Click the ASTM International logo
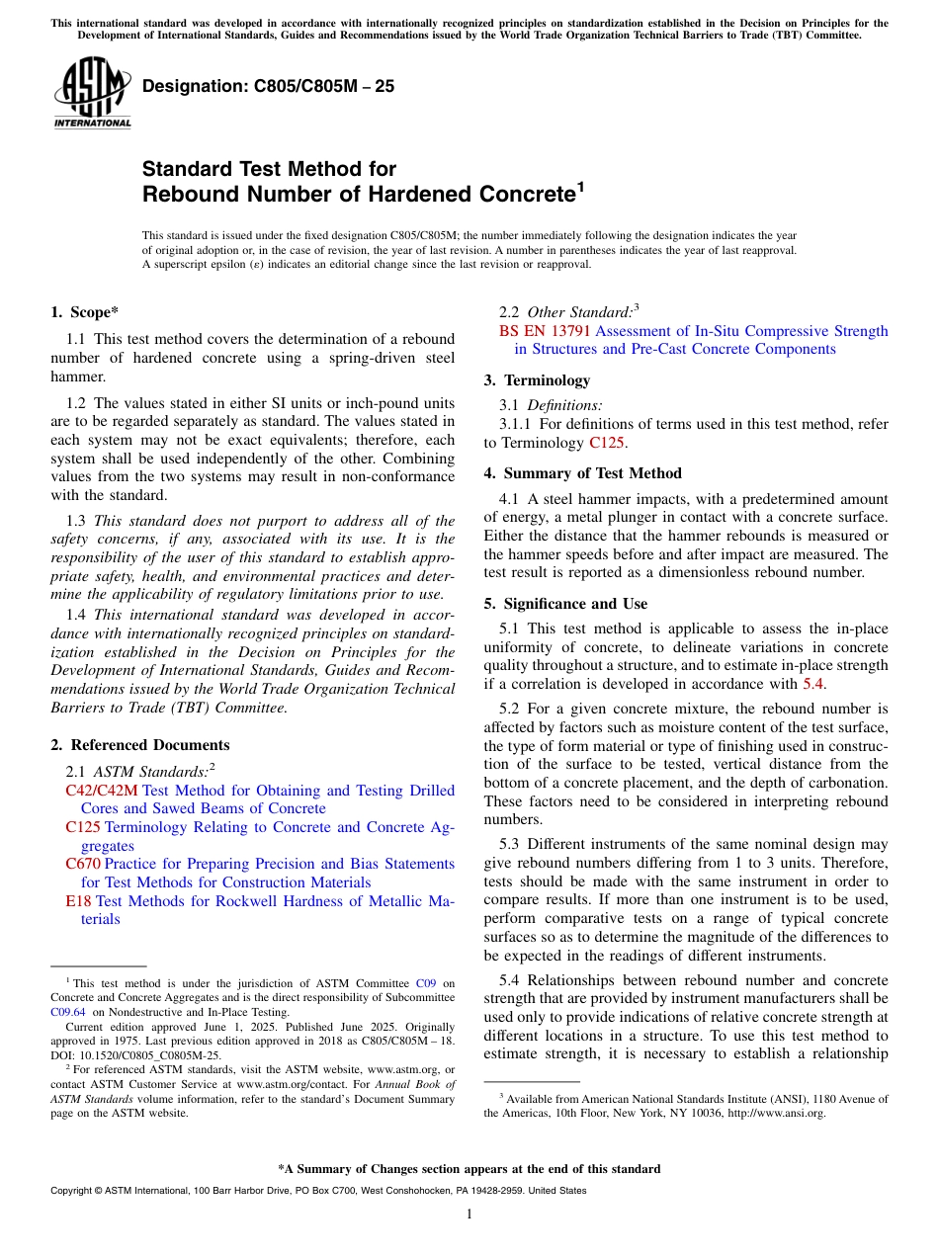pyautogui.click(x=92, y=94)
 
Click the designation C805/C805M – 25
pyautogui.click(x=268, y=86)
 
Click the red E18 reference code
pyautogui.click(x=78, y=901)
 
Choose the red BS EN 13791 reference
pyautogui.click(x=546, y=331)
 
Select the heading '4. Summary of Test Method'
pyautogui.click(x=582, y=473)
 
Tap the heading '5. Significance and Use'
pyautogui.click(x=565, y=604)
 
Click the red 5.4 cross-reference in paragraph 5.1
pyautogui.click(x=813, y=684)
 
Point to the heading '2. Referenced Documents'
pyautogui.click(x=139, y=745)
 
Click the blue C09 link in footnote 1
pyautogui.click(x=426, y=983)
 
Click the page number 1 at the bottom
pyautogui.click(x=469, y=1215)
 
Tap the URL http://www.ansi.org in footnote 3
pyautogui.click(x=775, y=1113)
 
